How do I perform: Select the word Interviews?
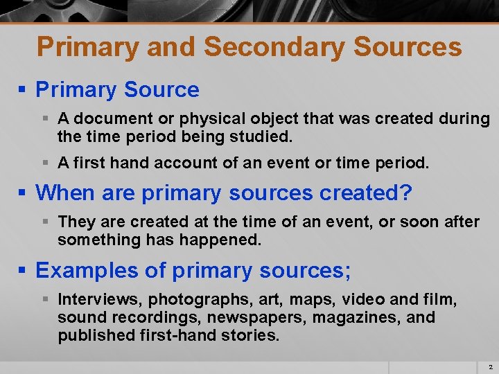pyautogui.click(x=100, y=300)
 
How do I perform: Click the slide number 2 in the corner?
pyautogui.click(x=490, y=366)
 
